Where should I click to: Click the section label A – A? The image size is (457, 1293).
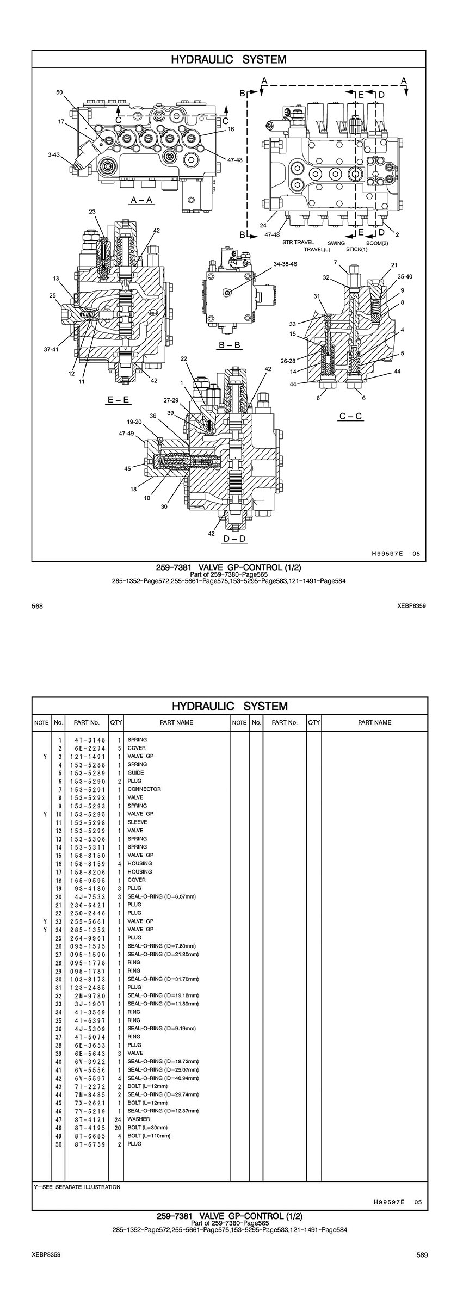tap(141, 200)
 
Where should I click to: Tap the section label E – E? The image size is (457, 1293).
tap(118, 400)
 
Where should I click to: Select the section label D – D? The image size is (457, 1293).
tap(234, 539)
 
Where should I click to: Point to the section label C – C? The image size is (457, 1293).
tap(350, 417)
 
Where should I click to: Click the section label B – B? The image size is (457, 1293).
tap(230, 345)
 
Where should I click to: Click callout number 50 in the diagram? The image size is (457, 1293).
tap(60, 92)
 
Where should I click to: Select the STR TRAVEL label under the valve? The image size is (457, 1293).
tap(298, 243)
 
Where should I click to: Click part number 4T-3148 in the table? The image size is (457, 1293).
tap(87, 740)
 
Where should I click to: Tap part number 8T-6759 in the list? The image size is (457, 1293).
tap(87, 1144)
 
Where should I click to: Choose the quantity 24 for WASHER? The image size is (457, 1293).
tap(116, 1119)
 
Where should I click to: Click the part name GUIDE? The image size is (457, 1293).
tap(135, 772)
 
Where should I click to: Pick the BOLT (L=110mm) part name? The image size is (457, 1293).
tap(149, 1136)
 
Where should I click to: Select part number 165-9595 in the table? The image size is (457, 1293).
tap(87, 880)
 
